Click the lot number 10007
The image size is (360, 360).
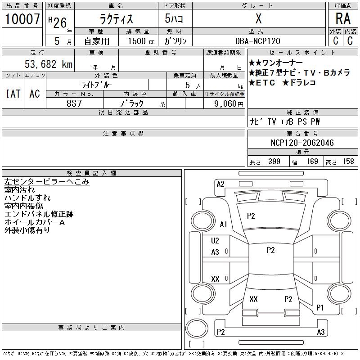[22, 19]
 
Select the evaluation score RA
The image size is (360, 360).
[343, 18]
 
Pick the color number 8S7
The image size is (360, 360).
[75, 103]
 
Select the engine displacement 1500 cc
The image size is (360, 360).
[141, 41]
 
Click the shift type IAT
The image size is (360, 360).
[13, 94]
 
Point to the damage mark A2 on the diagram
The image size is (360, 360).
[220, 184]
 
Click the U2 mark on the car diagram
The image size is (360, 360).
[215, 241]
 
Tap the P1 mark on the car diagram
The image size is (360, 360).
[320, 308]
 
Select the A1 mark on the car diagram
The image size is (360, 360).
[224, 225]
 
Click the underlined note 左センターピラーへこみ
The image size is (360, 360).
[46, 182]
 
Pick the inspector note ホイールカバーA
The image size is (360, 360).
[35, 222]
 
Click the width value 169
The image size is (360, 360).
[312, 162]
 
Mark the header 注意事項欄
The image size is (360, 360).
[123, 134]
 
